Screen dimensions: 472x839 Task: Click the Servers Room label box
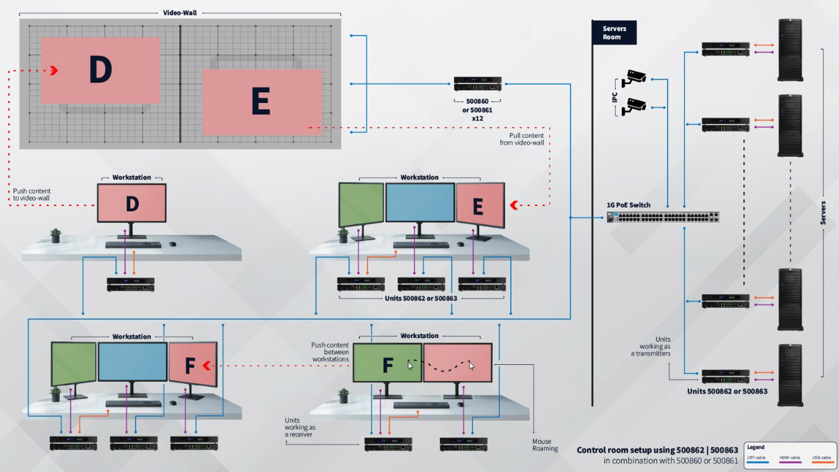pos(614,32)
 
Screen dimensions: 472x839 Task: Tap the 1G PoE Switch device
pos(664,217)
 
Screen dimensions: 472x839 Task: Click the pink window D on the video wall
pos(100,70)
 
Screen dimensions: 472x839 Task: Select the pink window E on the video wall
pos(261,101)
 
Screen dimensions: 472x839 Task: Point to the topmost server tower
pos(790,50)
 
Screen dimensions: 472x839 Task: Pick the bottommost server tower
pos(790,374)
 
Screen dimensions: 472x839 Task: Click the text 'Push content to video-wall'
pos(32,194)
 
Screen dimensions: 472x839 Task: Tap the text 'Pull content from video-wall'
pos(523,138)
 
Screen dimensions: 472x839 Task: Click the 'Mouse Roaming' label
pos(545,445)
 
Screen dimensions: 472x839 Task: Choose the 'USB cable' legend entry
pos(821,458)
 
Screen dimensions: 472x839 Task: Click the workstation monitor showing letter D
pos(132,203)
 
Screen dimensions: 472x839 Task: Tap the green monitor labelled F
pos(387,364)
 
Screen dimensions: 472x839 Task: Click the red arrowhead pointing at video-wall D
pos(54,71)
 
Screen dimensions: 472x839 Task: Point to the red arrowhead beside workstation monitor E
pos(514,205)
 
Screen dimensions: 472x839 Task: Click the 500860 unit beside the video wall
pos(477,84)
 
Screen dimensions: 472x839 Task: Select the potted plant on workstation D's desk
pos(55,235)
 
